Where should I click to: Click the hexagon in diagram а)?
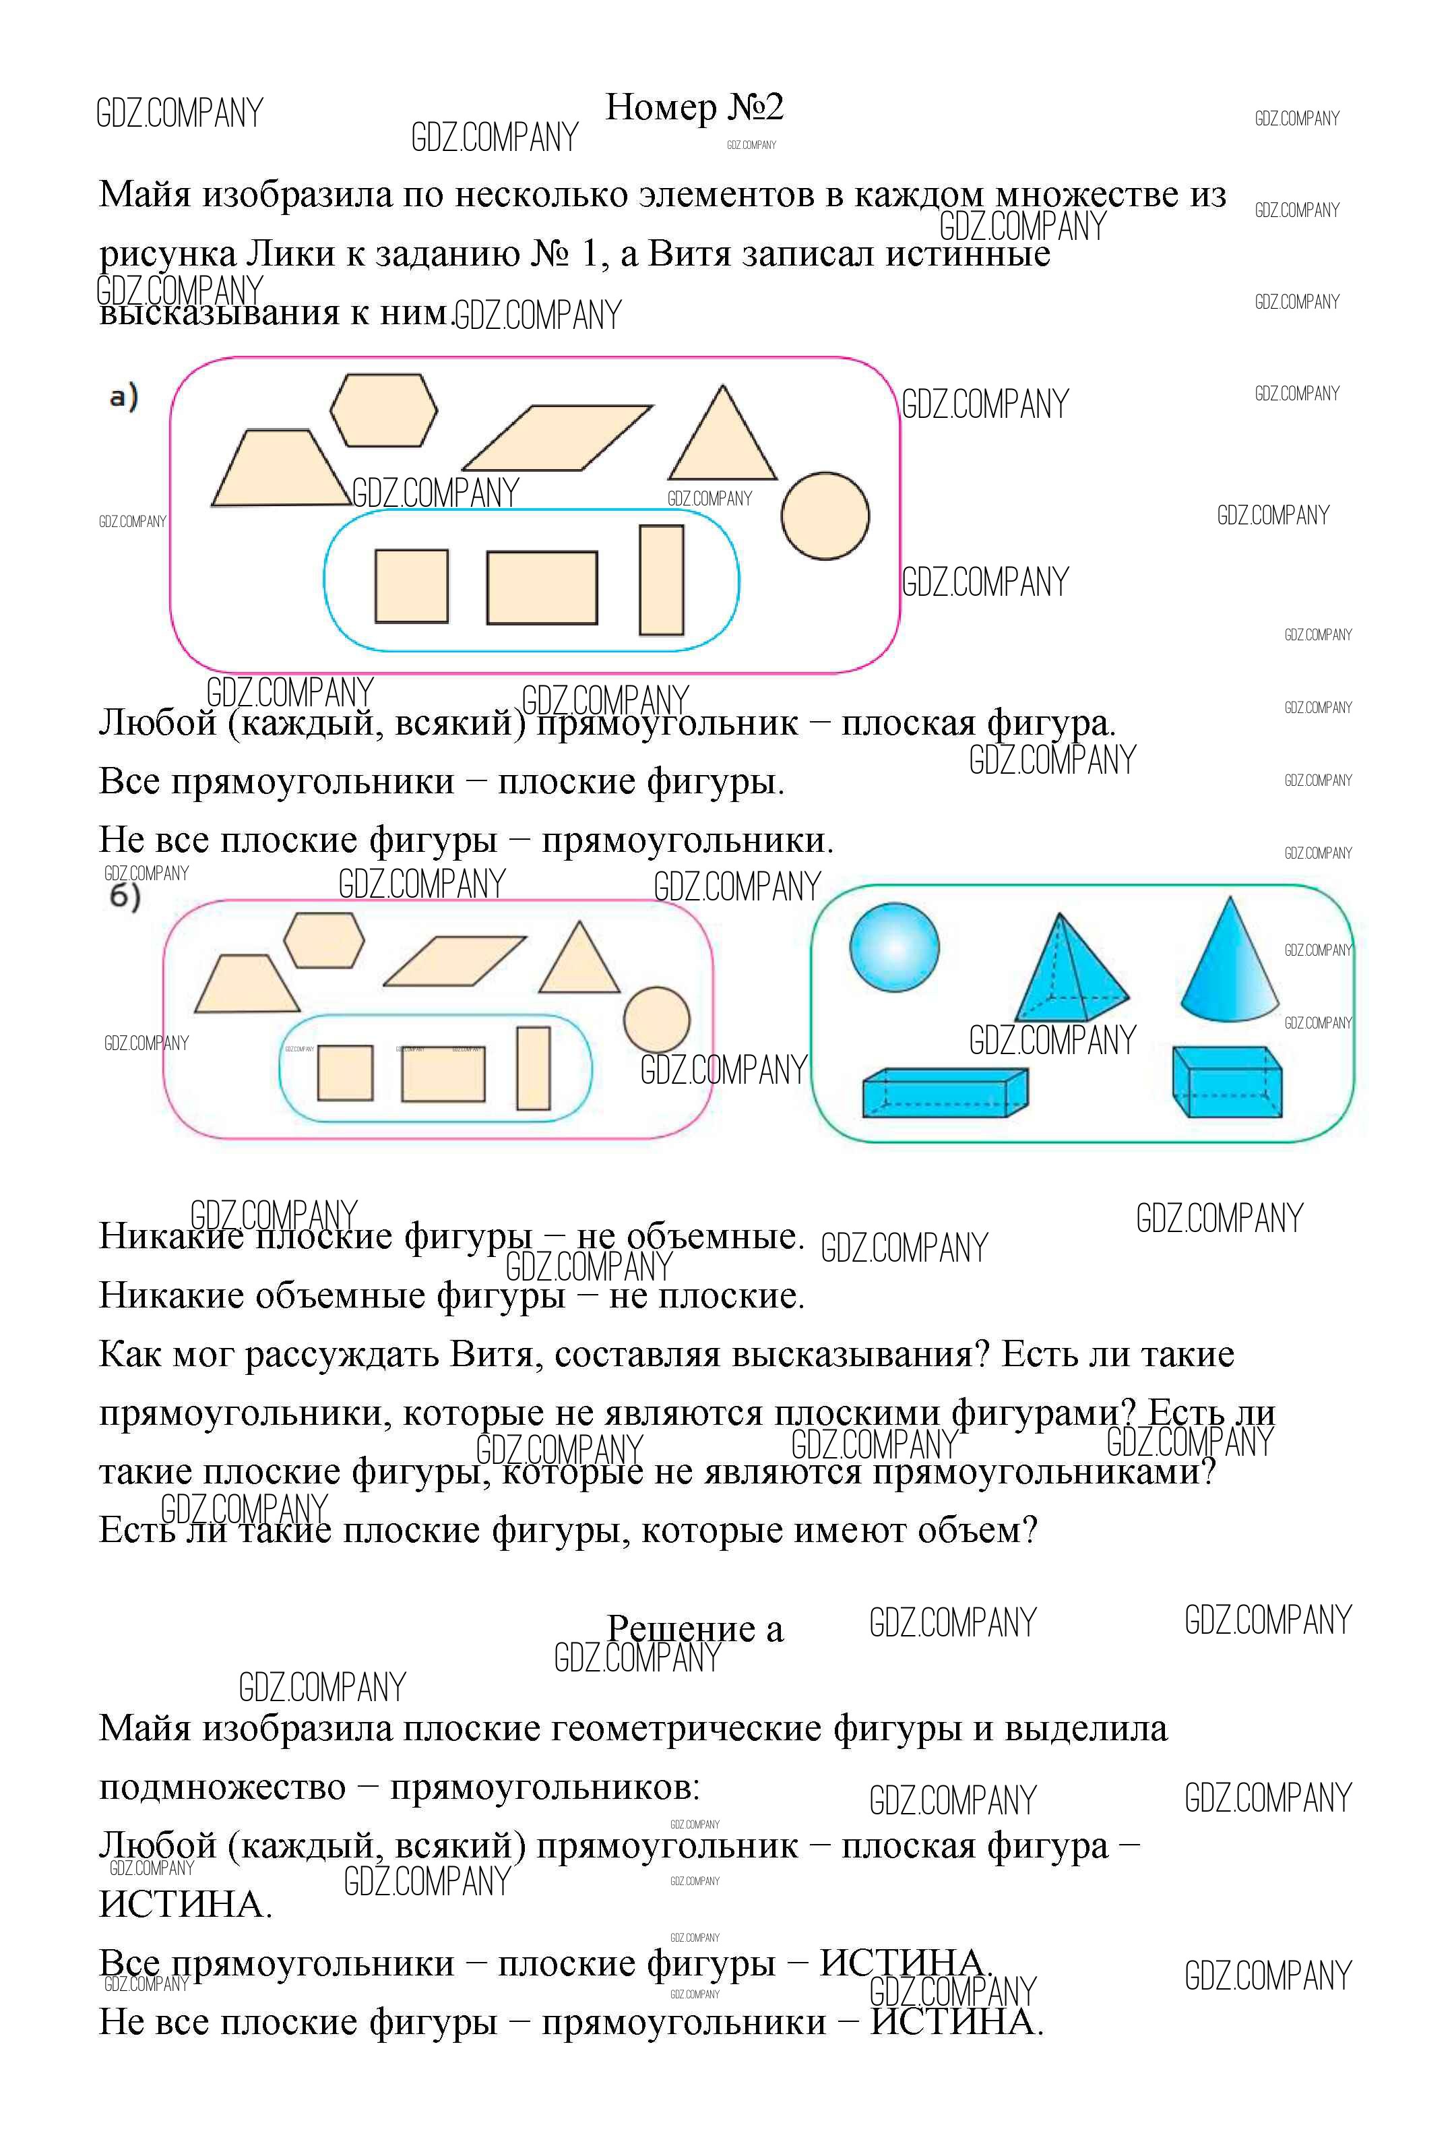pyautogui.click(x=383, y=410)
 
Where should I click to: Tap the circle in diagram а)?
pyautogui.click(x=824, y=516)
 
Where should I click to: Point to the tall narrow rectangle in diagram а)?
pyautogui.click(x=661, y=580)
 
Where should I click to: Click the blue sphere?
pyautogui.click(x=893, y=948)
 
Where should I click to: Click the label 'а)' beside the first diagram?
pyautogui.click(x=123, y=397)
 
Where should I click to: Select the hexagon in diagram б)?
pyautogui.click(x=323, y=940)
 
